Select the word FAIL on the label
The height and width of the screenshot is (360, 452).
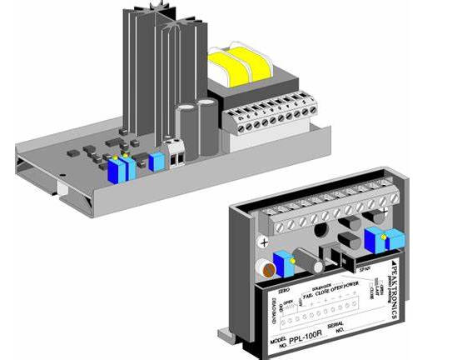click(x=306, y=293)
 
